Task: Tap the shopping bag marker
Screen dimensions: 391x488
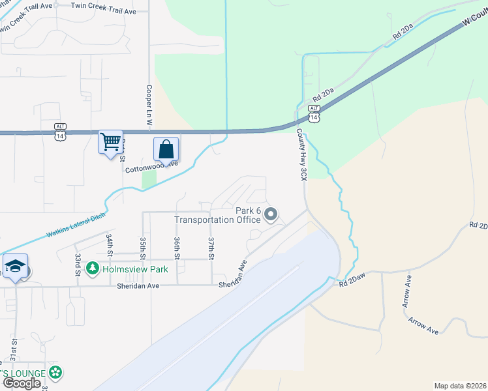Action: coord(166,149)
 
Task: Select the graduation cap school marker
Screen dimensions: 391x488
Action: coord(14,267)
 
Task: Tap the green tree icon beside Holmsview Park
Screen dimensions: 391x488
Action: coord(93,268)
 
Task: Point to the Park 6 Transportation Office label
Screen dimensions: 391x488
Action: coord(217,215)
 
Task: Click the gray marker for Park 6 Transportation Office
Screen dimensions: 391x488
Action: coord(271,214)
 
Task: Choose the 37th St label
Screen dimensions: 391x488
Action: coord(211,248)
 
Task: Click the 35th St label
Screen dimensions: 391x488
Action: coord(142,248)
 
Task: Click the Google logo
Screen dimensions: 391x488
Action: coord(21,383)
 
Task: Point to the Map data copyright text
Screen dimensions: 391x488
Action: coord(460,386)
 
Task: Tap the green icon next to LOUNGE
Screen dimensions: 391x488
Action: coord(56,373)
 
